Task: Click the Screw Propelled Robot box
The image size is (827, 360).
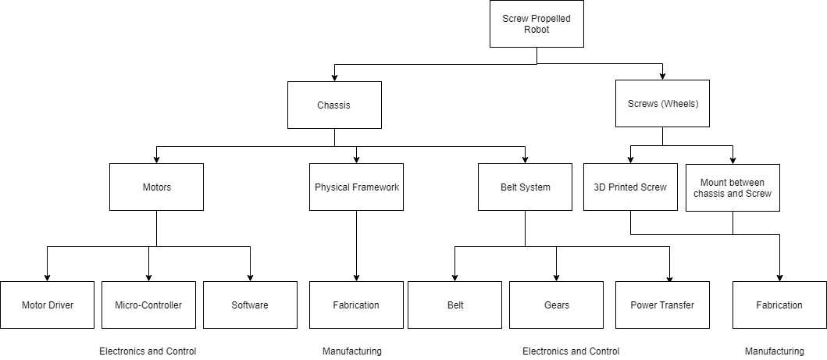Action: click(x=536, y=23)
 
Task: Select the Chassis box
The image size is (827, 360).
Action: click(x=334, y=105)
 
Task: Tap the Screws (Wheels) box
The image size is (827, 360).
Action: click(x=662, y=103)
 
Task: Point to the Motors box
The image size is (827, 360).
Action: click(x=157, y=187)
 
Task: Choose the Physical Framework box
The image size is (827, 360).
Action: click(x=357, y=187)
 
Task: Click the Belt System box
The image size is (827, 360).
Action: click(x=525, y=187)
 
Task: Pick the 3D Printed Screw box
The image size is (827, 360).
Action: click(x=630, y=187)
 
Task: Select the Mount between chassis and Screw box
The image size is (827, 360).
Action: click(x=733, y=187)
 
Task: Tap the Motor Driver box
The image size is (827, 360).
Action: click(x=48, y=305)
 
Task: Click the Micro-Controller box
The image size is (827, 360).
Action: click(x=148, y=305)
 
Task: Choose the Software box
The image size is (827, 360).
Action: click(x=250, y=305)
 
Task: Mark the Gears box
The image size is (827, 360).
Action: click(x=557, y=305)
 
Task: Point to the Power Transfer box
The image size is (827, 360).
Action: click(x=662, y=305)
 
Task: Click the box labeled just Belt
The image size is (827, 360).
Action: click(x=454, y=305)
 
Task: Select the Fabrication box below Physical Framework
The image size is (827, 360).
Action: click(x=357, y=305)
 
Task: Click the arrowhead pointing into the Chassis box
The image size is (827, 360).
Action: click(x=334, y=78)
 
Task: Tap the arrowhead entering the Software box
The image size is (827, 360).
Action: click(x=250, y=278)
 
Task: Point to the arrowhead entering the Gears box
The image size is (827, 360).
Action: click(x=557, y=278)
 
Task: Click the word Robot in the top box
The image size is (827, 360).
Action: click(x=536, y=30)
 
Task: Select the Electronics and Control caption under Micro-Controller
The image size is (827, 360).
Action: click(x=148, y=351)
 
